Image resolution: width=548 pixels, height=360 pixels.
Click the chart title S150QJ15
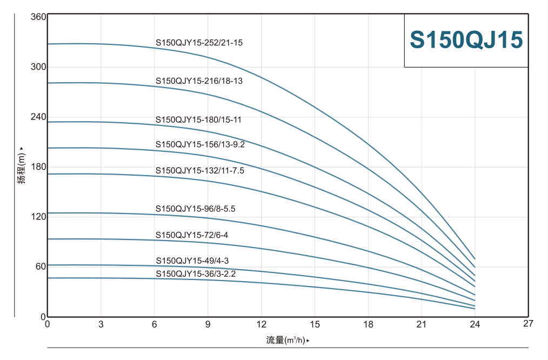[x=466, y=41]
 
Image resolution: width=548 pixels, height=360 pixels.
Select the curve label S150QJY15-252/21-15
[x=199, y=42]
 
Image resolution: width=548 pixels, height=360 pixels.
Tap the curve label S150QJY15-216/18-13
[x=199, y=81]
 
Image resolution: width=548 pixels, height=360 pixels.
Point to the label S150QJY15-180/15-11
[x=198, y=120]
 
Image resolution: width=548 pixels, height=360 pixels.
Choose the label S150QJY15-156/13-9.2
[x=200, y=144]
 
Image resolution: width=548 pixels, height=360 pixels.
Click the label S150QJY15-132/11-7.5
[x=200, y=170]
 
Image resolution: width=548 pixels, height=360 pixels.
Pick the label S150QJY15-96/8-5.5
[x=195, y=209]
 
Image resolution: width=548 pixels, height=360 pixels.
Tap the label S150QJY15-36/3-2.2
[x=196, y=274]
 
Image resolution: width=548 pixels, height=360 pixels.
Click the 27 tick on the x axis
[x=528, y=324]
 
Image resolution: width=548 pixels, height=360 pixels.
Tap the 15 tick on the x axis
[x=315, y=324]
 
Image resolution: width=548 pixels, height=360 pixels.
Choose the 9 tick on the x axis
[x=208, y=324]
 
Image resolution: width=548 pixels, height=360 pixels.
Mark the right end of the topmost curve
[x=475, y=259]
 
